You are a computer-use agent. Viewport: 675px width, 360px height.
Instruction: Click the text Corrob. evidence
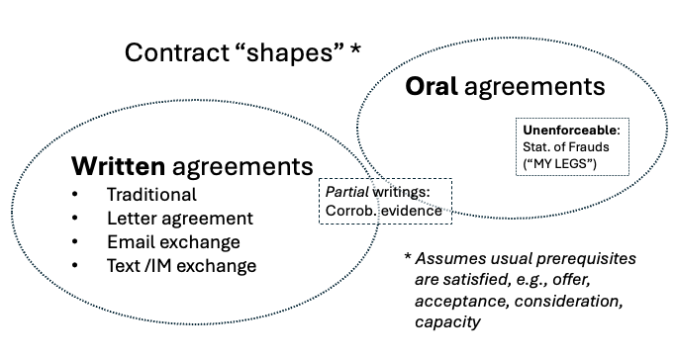click(x=380, y=209)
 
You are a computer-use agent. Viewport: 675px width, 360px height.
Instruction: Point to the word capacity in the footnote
click(x=445, y=320)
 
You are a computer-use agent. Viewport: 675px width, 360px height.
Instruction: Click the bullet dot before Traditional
click(x=77, y=195)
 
